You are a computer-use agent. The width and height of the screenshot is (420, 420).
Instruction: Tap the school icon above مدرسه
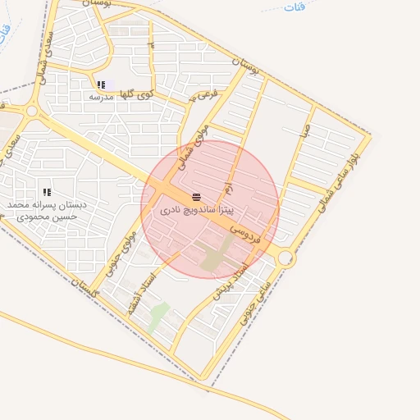(101, 84)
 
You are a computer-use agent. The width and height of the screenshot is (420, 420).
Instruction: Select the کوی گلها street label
(137, 96)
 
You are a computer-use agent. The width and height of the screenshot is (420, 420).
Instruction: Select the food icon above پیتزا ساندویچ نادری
(196, 198)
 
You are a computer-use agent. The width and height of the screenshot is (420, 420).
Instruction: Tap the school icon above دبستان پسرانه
(47, 193)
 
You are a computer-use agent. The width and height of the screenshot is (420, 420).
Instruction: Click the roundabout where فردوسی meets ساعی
(285, 258)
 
